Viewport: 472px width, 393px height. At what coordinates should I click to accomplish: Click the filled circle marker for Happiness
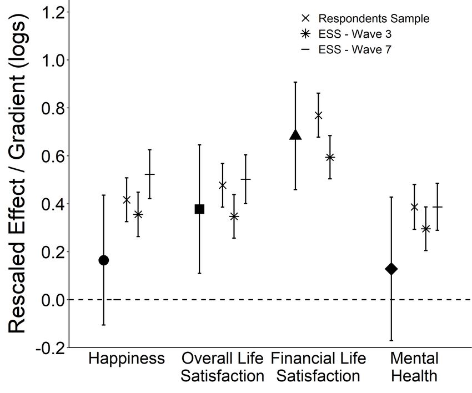click(103, 260)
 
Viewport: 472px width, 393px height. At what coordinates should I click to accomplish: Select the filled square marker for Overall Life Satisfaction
click(199, 209)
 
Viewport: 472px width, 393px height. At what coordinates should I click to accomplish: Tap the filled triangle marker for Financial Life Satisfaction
click(295, 134)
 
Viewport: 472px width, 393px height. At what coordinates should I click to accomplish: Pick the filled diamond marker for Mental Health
click(391, 269)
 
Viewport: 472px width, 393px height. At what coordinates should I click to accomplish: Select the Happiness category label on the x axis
click(127, 359)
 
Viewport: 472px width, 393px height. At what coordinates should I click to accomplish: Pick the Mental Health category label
click(414, 367)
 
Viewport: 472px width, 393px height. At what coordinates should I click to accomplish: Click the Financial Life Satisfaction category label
click(318, 367)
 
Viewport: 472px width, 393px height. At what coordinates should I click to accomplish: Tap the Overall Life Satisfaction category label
click(222, 367)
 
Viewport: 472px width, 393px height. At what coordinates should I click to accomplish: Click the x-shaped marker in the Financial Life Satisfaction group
click(318, 115)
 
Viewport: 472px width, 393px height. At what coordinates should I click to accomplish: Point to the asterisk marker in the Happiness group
click(138, 214)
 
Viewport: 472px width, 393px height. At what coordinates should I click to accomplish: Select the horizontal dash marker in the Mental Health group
click(438, 207)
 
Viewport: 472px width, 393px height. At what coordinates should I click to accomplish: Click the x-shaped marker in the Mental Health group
click(414, 207)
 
